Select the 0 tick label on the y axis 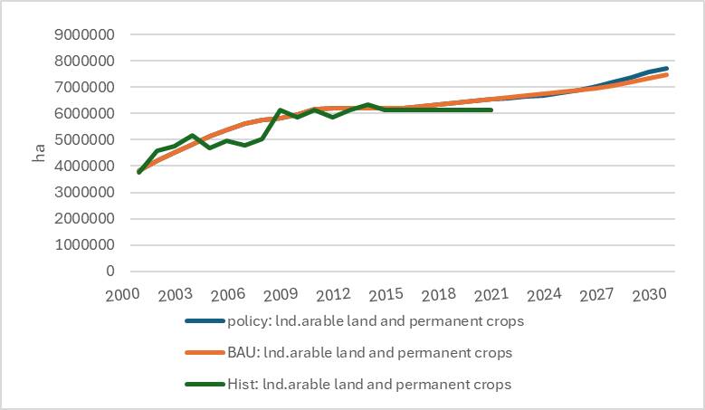coord(110,271)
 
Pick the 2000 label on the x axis coord(122,295)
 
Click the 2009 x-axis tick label coord(281,295)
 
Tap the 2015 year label coord(386,295)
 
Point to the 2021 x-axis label coord(491,295)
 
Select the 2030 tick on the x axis coord(650,295)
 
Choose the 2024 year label coord(544,295)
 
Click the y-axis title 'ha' coord(39,154)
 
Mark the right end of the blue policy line coord(667,69)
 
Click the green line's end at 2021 coord(491,110)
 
